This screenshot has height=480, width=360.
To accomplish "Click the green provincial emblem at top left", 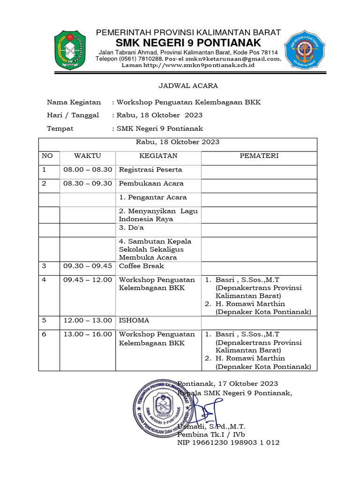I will click(x=70, y=49).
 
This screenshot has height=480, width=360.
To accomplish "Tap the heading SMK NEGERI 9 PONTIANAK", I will click(x=188, y=44).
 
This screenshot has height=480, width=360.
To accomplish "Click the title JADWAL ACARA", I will click(x=180, y=86).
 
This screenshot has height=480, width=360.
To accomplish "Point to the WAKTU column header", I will click(x=87, y=156).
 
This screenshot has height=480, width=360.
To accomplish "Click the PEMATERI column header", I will click(x=259, y=156).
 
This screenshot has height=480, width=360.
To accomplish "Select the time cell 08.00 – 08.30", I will click(x=88, y=170).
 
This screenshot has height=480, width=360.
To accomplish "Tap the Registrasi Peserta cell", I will click(x=150, y=170).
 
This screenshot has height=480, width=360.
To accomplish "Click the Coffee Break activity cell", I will click(x=142, y=266).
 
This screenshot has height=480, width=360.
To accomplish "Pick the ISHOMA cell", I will click(x=134, y=321).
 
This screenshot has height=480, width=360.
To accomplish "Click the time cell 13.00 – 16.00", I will click(x=88, y=334).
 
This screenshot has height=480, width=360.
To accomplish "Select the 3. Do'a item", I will click(x=131, y=227).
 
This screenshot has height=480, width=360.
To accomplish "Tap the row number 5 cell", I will click(x=44, y=321).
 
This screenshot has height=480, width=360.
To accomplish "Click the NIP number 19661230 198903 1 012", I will click(x=228, y=442).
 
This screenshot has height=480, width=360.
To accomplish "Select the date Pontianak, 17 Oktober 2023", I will click(x=228, y=383).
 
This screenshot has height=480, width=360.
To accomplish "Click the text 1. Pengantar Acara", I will click(x=153, y=197).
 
